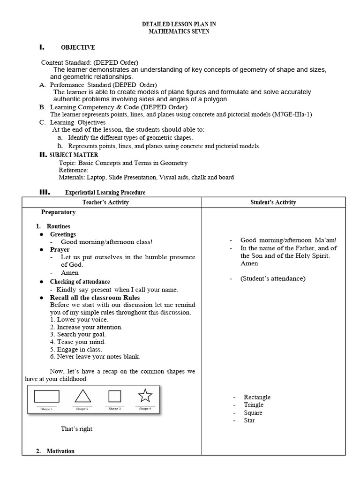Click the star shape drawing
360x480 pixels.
145,396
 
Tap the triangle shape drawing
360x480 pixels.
83,397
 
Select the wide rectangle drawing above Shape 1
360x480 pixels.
47,397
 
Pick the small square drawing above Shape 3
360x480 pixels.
114,397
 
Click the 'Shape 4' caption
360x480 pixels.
145,409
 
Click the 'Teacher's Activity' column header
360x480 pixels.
105,202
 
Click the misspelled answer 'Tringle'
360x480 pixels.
254,405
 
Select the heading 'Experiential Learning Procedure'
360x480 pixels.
105,192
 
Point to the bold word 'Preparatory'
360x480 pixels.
58,212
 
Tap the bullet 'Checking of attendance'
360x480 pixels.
80,282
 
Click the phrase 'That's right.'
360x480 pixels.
77,429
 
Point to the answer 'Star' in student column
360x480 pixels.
249,420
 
